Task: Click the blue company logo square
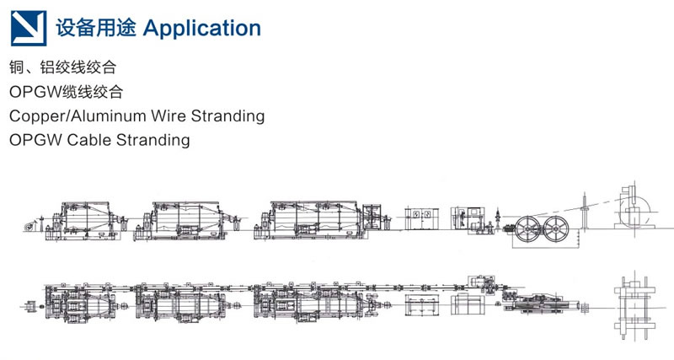29,29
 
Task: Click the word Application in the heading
202,29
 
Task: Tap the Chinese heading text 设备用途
96,28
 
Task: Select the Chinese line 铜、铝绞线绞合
62,67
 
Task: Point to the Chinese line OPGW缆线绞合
67,92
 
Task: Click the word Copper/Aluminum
78,116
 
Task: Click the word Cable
89,140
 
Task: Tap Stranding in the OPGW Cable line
153,141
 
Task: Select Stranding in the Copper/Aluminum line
227,116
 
